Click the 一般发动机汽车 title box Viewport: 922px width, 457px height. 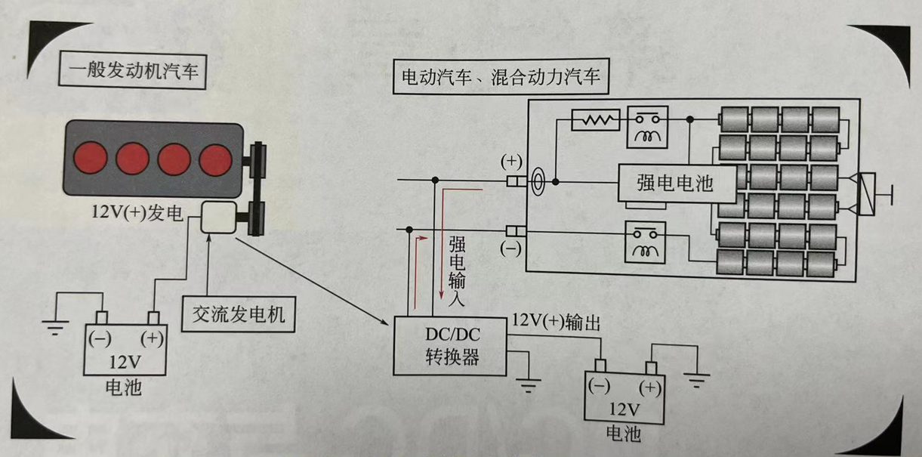(x=132, y=73)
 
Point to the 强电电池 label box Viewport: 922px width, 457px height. (x=675, y=183)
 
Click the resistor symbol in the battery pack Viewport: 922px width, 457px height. (x=597, y=119)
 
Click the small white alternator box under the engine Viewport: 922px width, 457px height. (x=219, y=217)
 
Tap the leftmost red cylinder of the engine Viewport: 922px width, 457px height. (x=92, y=158)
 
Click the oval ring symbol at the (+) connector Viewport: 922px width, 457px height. (x=536, y=182)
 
